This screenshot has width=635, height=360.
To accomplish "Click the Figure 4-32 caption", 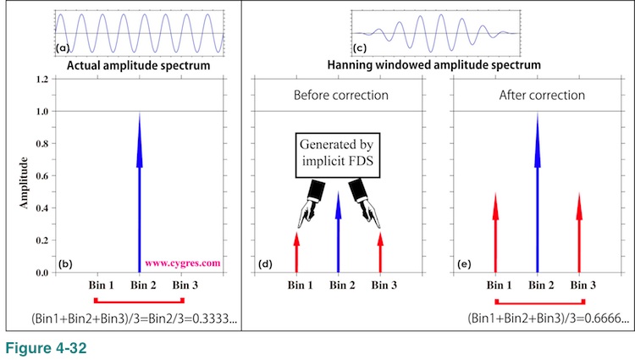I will pyautogui.click(x=43, y=346).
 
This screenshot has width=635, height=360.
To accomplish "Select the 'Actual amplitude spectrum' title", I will pyautogui.click(x=140, y=64).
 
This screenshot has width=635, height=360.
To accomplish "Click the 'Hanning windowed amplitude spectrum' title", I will pyautogui.click(x=433, y=64).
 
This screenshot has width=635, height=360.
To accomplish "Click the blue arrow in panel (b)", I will pyautogui.click(x=140, y=186).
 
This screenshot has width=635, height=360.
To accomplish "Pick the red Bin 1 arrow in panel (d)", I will pyautogui.click(x=296, y=252).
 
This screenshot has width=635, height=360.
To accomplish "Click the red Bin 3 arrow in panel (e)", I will pyautogui.click(x=579, y=233).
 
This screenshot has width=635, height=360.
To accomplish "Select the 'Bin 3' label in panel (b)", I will pyautogui.click(x=184, y=285).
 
